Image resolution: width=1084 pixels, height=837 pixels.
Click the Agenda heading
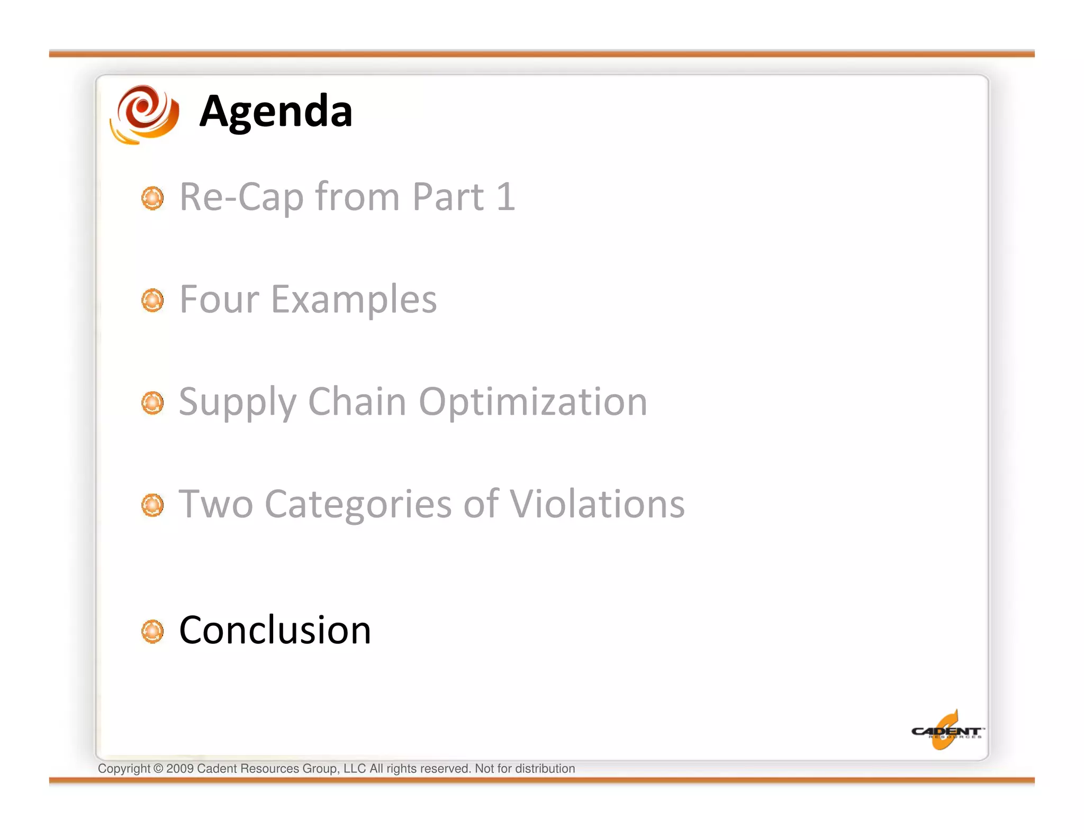pos(276,112)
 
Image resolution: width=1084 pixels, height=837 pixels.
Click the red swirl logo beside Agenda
pos(144,114)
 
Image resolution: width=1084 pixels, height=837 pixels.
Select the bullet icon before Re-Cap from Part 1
pos(152,198)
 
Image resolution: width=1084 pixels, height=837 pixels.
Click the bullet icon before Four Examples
pos(152,301)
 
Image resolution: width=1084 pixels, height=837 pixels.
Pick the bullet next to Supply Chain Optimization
pos(152,403)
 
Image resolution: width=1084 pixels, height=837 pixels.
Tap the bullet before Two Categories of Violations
pos(152,505)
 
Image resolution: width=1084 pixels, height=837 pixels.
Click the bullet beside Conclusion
pos(152,631)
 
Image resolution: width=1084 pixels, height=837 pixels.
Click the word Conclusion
pos(275,630)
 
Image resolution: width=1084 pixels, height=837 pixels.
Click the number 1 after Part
pos(505,197)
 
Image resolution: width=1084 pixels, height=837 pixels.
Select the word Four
pos(219,299)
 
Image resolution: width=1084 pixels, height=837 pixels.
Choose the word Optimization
pos(533,402)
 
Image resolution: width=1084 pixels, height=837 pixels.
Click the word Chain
pos(357,402)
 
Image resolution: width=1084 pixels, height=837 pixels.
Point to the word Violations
pos(597,504)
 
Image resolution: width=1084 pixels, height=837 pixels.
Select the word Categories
pos(358,505)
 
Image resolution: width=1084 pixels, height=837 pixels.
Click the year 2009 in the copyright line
pos(179,769)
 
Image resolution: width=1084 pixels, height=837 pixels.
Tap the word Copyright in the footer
pos(124,769)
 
